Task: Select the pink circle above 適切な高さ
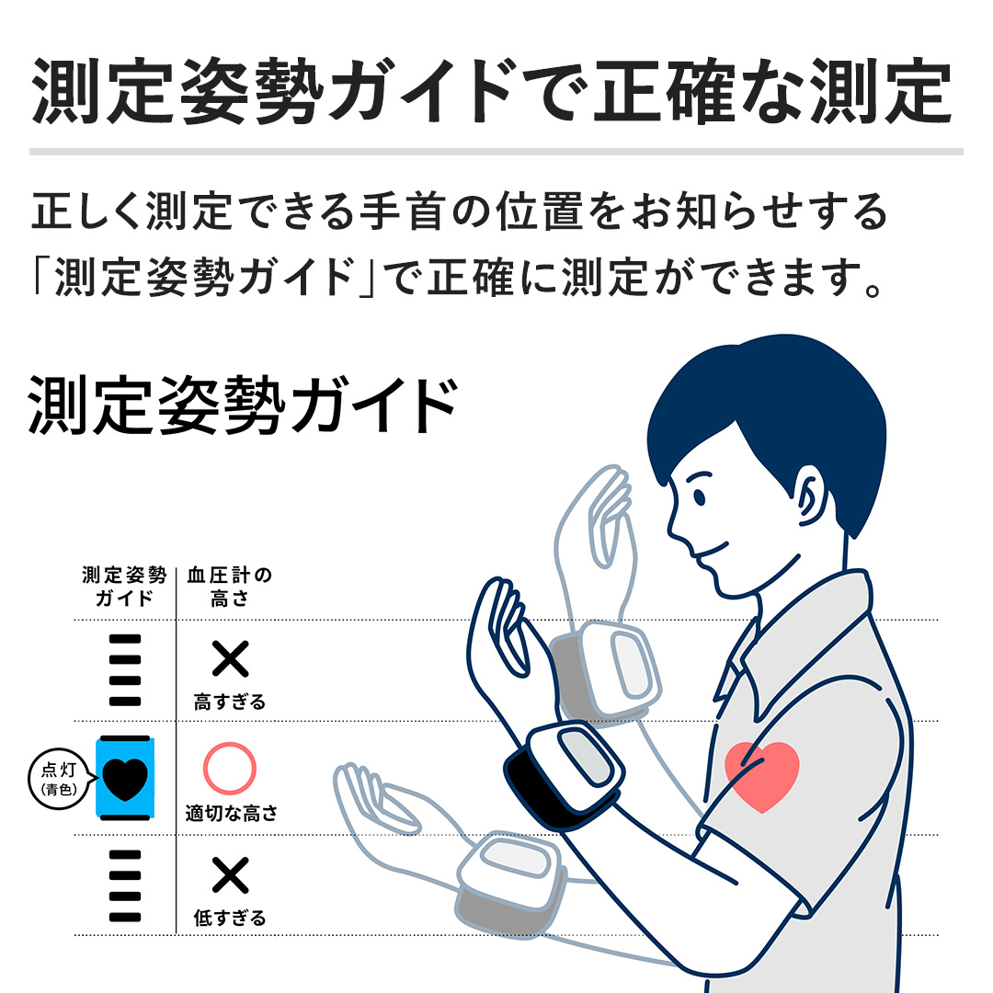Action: coord(229,768)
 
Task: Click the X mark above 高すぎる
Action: coord(230,658)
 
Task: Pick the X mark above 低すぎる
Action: coord(230,874)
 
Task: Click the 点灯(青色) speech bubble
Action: coord(60,779)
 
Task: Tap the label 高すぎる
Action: coord(229,702)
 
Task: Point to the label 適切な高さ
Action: coord(231,813)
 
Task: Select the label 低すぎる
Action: coord(229,918)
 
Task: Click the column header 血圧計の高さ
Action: coord(229,587)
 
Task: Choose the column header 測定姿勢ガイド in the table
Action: coord(124,587)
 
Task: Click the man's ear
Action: coord(813,496)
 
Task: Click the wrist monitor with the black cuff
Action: coord(564,775)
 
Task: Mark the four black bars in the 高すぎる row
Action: coord(125,670)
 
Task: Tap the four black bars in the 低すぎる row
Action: coord(125,886)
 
